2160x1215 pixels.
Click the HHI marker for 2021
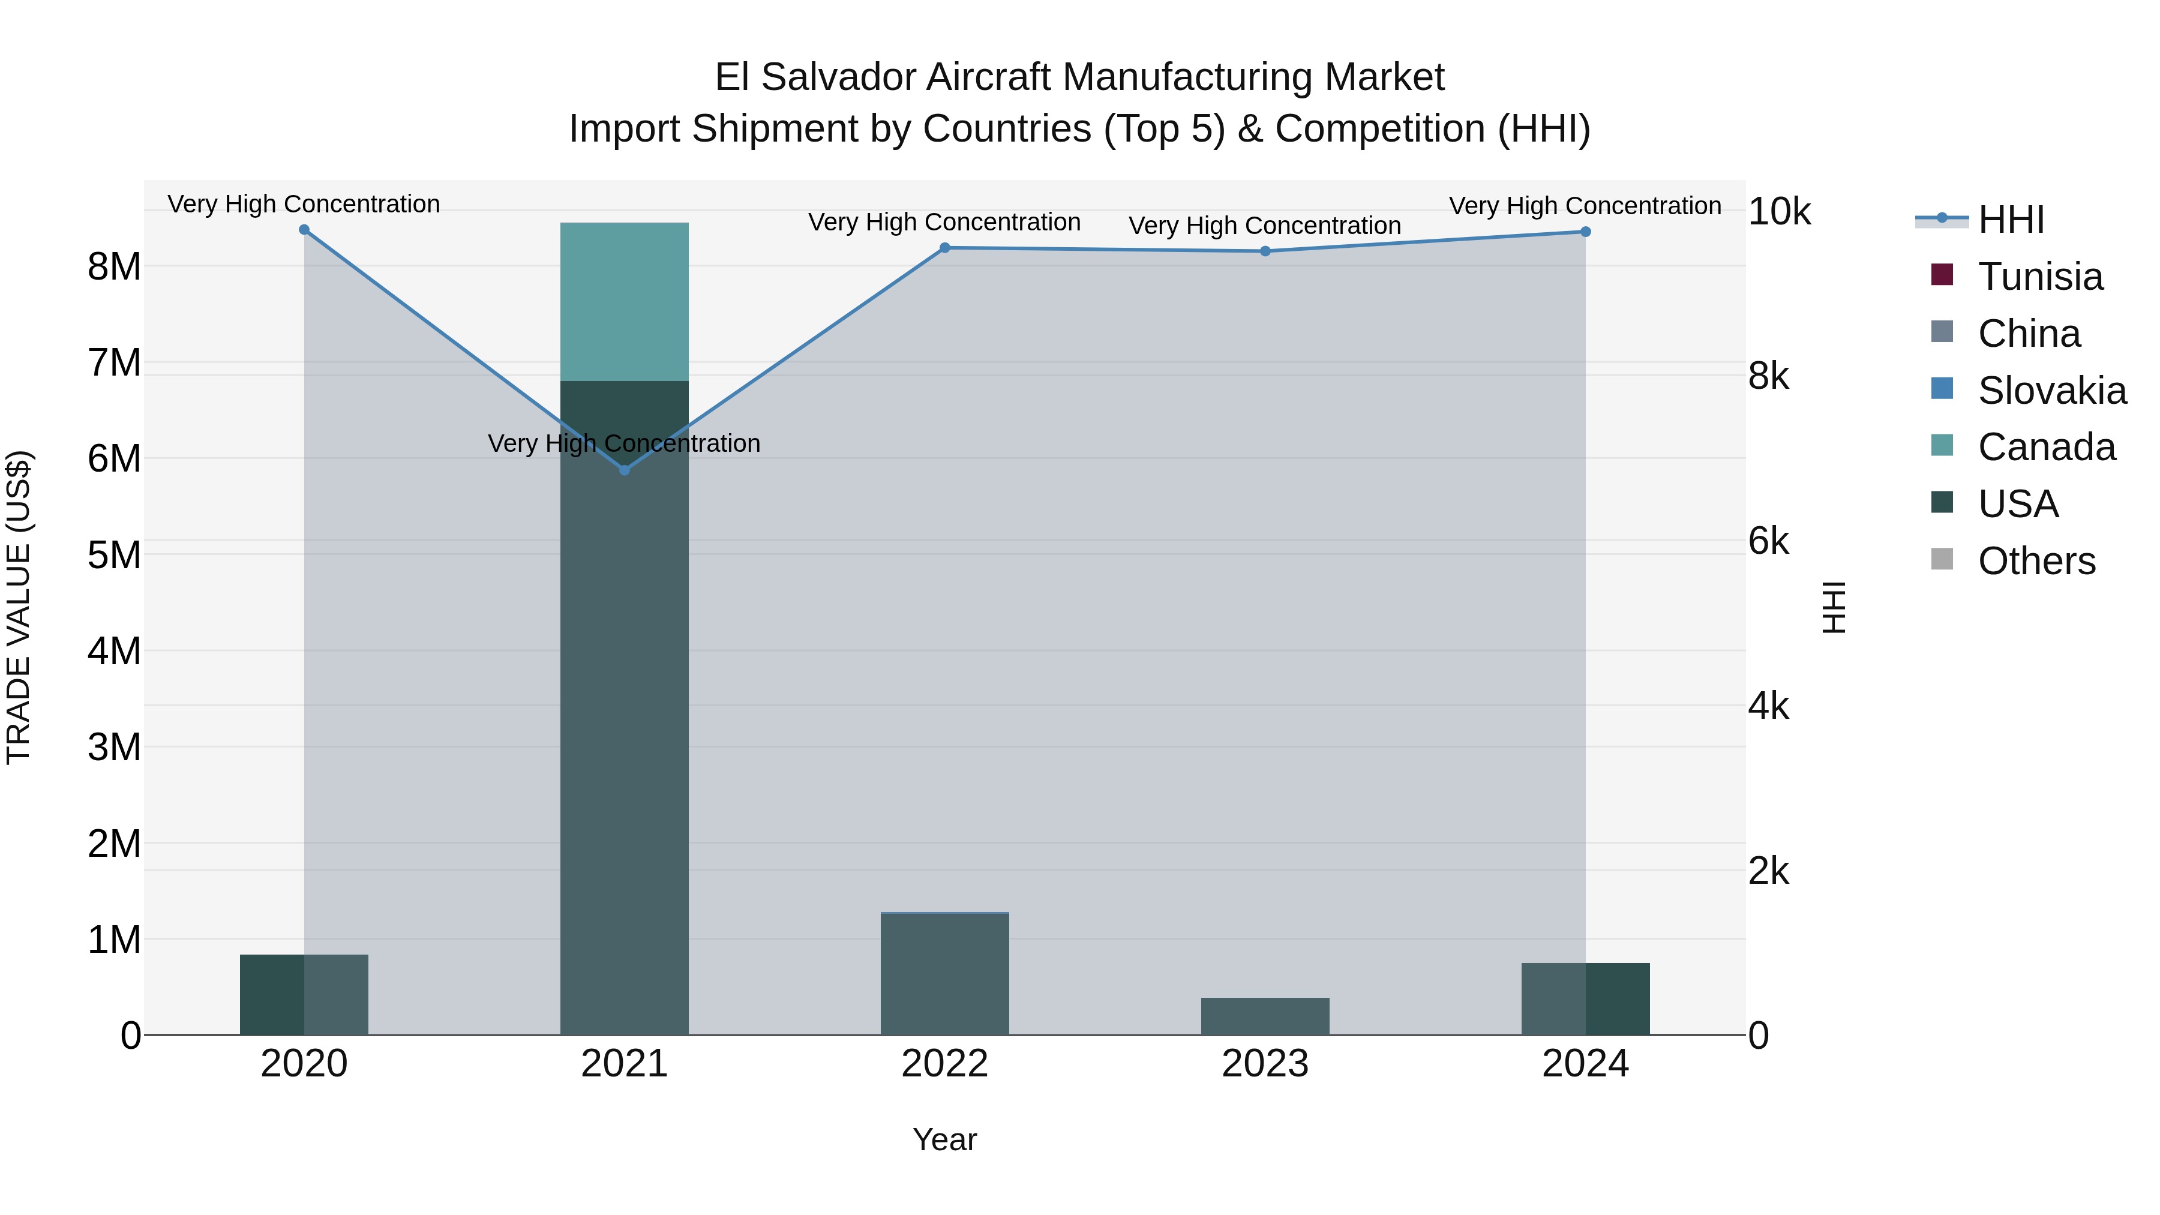624,470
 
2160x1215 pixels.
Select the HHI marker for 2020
304,230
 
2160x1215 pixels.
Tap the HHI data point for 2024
1585,232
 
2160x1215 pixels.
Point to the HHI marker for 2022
945,247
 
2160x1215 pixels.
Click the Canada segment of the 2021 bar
624,302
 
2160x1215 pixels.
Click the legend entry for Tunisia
2039,277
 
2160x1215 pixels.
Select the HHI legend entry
2010,220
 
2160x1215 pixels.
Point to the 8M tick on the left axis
114,266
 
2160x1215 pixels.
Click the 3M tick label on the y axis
114,747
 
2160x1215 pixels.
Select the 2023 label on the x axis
1264,1064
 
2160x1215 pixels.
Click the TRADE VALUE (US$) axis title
19,607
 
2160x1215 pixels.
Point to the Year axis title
944,1139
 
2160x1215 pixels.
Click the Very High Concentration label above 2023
1264,226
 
